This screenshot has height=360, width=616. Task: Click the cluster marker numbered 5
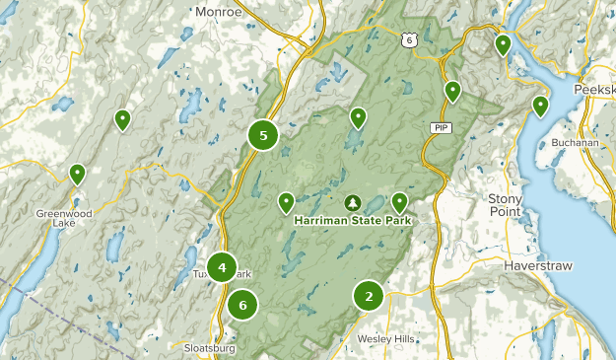(x=263, y=135)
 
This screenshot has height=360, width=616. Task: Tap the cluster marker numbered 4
(x=223, y=267)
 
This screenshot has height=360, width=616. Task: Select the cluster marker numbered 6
(x=242, y=305)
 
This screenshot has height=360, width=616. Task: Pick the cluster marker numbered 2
(x=369, y=295)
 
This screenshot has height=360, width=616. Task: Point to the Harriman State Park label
(x=352, y=220)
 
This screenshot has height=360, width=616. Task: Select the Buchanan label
(x=576, y=142)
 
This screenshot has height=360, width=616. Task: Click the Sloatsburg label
(x=210, y=347)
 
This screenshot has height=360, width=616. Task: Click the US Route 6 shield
(x=408, y=40)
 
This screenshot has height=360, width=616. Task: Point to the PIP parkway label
(x=439, y=128)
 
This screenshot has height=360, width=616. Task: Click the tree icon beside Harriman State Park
(x=352, y=203)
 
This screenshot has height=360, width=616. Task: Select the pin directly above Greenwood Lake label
(x=77, y=174)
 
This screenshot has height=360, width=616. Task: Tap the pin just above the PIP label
(x=452, y=91)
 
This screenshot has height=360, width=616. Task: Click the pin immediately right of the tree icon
(x=399, y=202)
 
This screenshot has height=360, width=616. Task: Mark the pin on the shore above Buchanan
(x=540, y=106)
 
